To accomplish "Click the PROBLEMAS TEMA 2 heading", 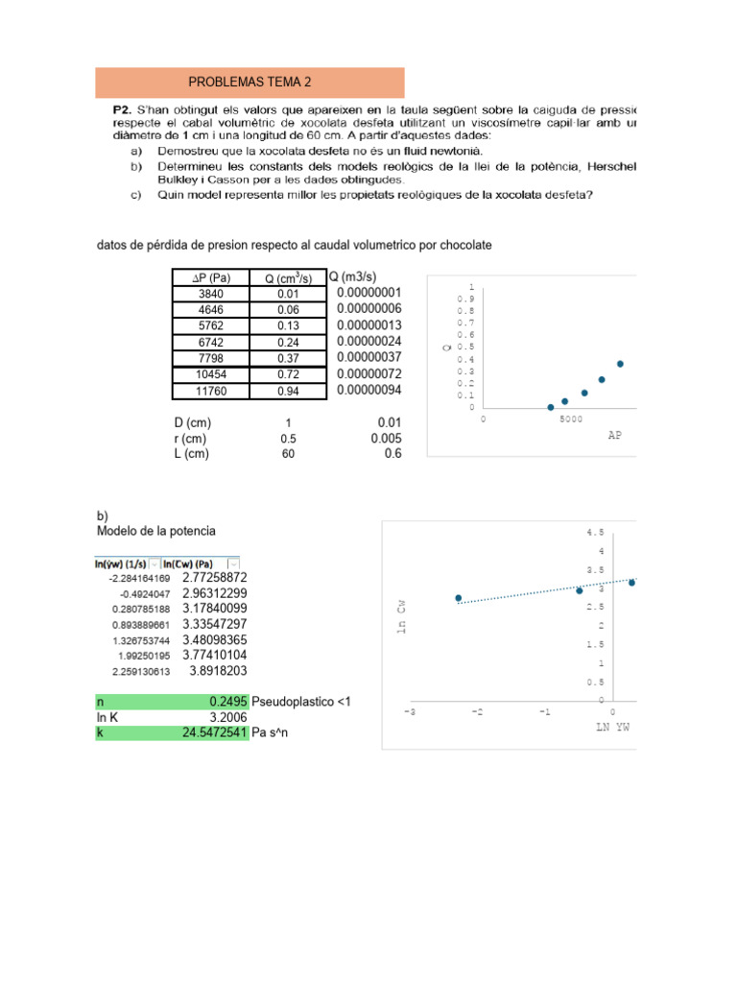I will tap(250, 84).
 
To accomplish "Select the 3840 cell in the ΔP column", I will tap(209, 294).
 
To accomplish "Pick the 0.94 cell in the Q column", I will tap(288, 392).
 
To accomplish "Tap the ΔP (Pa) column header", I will tap(209, 277).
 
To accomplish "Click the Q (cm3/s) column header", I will tap(289, 277).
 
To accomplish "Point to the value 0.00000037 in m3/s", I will tap(368, 358).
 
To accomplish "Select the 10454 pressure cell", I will tap(209, 374).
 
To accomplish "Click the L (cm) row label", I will tap(192, 454).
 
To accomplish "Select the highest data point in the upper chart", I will tap(620, 364).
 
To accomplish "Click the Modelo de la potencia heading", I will tap(156, 531).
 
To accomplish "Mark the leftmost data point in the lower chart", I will tap(459, 598).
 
